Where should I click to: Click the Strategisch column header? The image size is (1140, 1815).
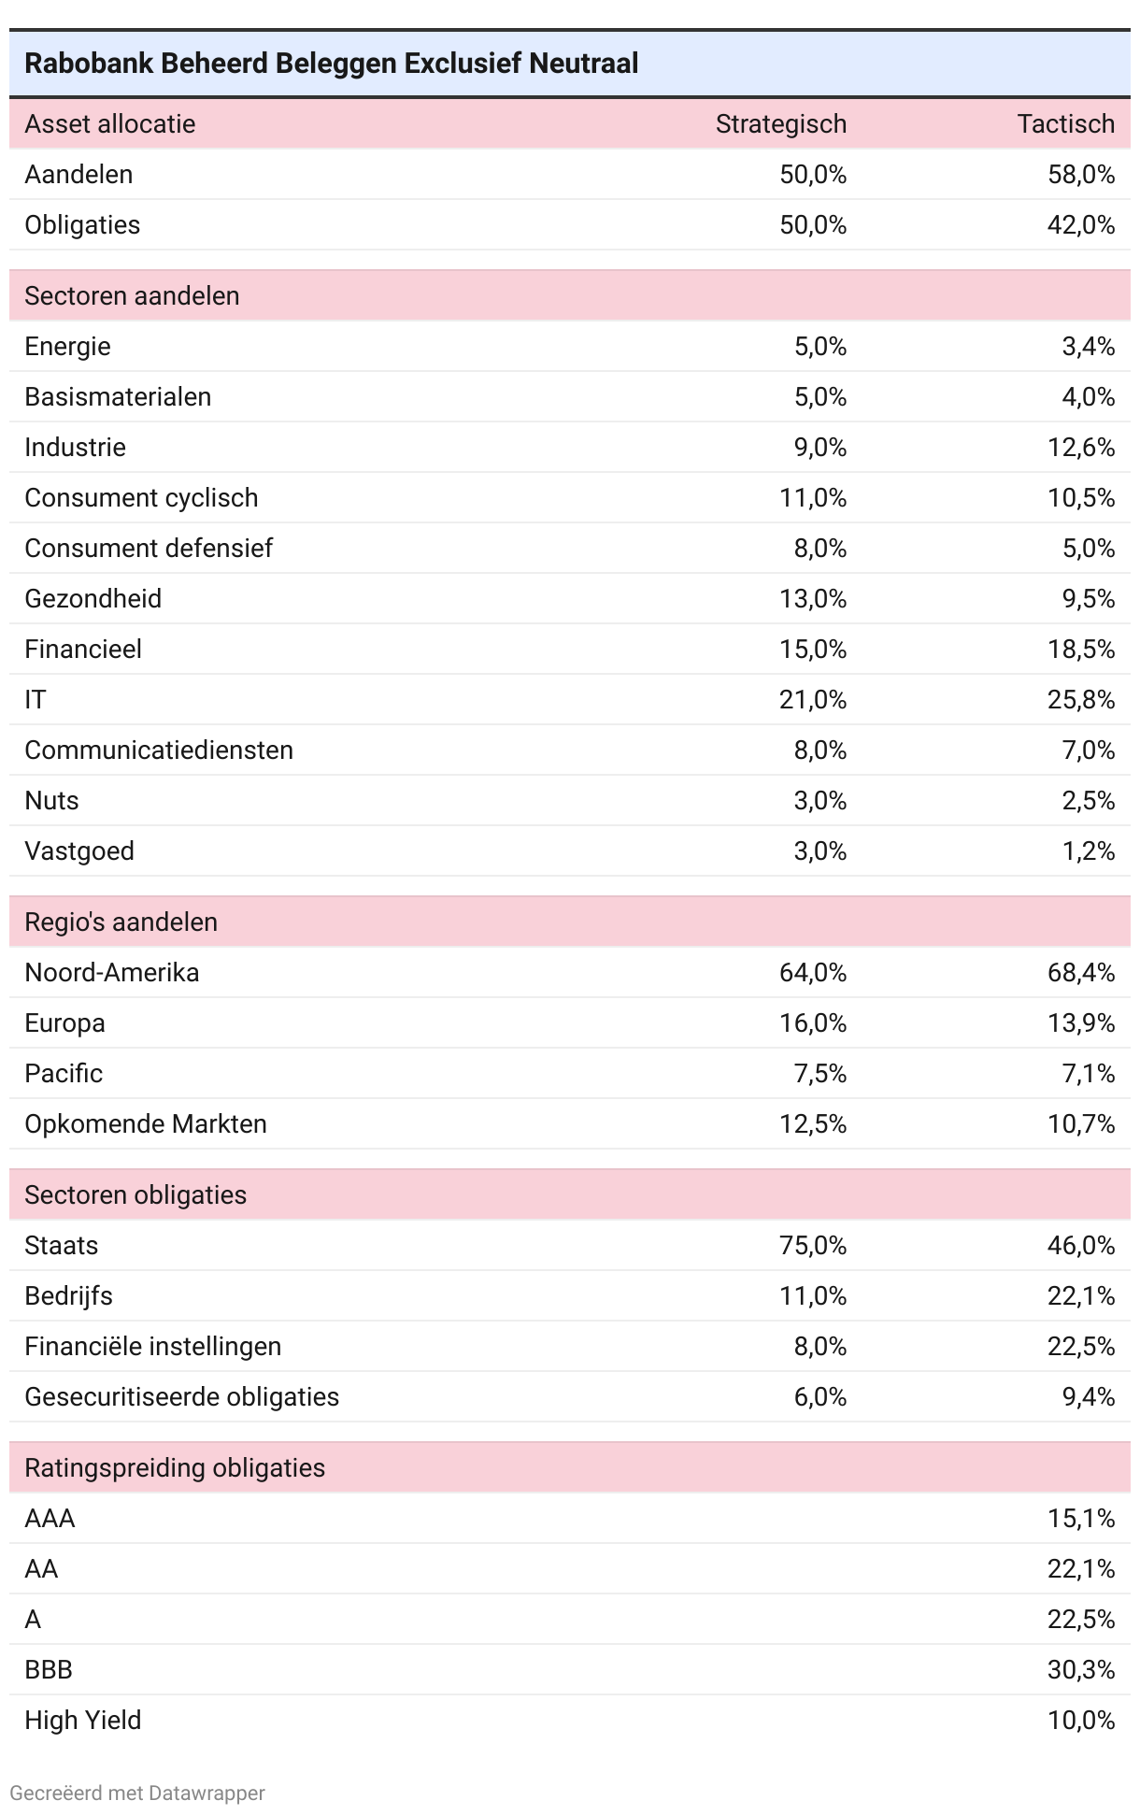point(780,124)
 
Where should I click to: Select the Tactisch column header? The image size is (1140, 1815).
point(1065,124)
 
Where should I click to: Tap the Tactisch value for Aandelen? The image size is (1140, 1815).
point(1081,175)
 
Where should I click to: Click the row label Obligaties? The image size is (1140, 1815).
point(82,225)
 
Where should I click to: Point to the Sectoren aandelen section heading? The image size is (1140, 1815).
point(132,296)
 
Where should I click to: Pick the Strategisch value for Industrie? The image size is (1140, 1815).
point(819,448)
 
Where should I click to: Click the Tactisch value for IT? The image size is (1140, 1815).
point(1081,700)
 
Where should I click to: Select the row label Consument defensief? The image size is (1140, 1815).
point(149,549)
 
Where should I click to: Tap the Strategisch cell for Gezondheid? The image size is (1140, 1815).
point(813,599)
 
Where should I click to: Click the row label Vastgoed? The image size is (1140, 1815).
point(79,851)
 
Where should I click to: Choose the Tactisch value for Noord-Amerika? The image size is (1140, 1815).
point(1081,973)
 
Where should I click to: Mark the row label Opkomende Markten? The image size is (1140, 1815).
point(146,1124)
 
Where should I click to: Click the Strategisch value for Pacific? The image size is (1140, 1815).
point(819,1074)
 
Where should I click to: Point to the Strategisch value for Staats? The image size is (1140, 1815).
point(813,1246)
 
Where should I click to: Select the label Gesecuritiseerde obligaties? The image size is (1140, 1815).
point(181,1397)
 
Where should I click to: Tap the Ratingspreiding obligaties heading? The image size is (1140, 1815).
point(175,1468)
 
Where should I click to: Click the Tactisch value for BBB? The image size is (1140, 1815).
point(1081,1670)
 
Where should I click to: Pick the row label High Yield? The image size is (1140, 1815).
point(83,1721)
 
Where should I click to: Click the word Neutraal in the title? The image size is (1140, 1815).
point(584,64)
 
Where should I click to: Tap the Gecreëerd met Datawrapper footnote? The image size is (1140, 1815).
point(137,1793)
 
